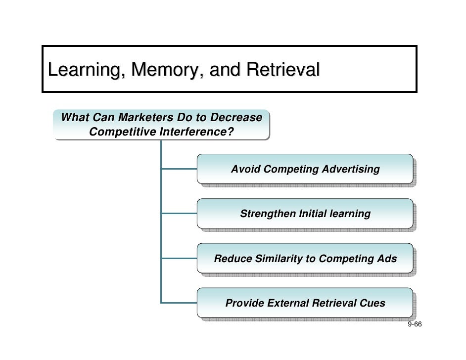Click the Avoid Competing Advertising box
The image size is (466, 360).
coord(305,170)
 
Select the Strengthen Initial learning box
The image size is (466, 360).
coord(305,214)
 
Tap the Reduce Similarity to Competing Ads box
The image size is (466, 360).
coord(305,259)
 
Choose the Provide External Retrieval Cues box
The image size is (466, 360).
coord(305,303)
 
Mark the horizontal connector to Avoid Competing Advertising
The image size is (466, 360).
coord(179,169)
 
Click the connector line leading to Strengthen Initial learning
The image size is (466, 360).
coord(179,214)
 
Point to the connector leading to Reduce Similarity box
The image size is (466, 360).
coord(179,258)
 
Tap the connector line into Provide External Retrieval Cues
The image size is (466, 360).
coord(179,303)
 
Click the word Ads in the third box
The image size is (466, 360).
coord(387,259)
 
